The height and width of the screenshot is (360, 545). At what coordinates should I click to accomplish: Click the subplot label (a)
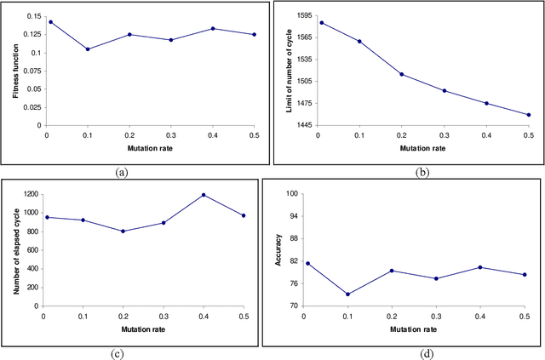click(122, 172)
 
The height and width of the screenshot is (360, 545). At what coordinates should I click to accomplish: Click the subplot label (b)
click(422, 172)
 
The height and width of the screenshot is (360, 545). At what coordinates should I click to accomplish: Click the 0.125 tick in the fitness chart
click(29, 34)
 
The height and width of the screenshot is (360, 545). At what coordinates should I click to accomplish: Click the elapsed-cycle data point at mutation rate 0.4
click(204, 195)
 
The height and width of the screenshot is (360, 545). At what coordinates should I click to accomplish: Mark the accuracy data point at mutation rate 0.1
click(347, 294)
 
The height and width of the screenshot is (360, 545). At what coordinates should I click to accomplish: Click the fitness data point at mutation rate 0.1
click(87, 49)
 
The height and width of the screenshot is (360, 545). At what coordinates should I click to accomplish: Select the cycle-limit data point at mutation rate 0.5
click(528, 115)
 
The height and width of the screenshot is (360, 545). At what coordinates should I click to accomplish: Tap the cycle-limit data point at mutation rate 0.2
click(402, 74)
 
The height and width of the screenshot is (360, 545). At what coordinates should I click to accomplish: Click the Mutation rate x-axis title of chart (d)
click(415, 329)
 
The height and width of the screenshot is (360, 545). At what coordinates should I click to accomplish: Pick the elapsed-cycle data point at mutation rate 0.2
click(123, 231)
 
